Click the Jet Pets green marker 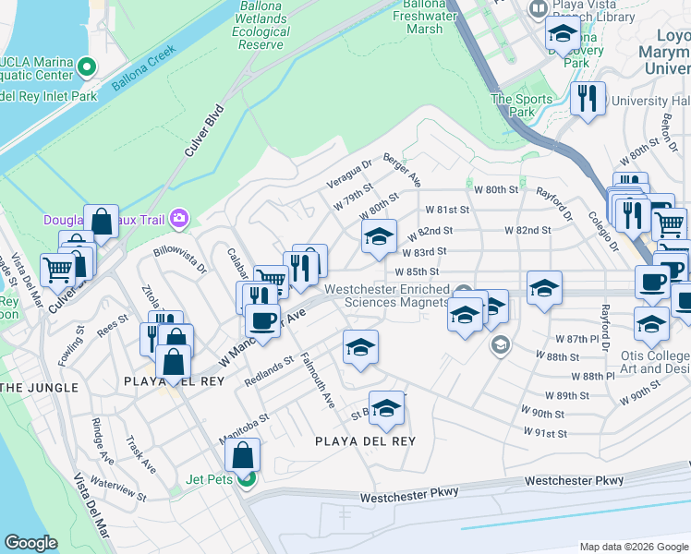[245, 478]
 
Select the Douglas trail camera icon [178, 219]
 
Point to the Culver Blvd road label [204, 134]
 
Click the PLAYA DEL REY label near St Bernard [365, 441]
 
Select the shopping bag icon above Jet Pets [242, 455]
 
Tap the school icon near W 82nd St [379, 237]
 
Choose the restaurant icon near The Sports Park [588, 97]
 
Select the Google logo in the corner [31, 542]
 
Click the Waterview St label [119, 489]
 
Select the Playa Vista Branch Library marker [538, 8]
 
